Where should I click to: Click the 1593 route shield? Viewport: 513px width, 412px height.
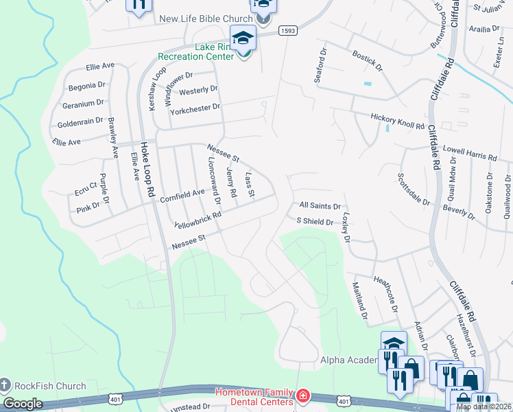(x=287, y=31)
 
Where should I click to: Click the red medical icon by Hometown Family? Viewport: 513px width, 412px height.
(x=302, y=397)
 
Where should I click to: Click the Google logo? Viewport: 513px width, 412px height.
(x=23, y=403)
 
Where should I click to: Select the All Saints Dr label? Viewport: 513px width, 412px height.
(x=320, y=205)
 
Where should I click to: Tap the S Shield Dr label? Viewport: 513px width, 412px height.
(x=314, y=221)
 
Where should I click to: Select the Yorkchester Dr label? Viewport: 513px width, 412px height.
(x=195, y=108)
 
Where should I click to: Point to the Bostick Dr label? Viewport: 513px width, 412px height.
(x=367, y=60)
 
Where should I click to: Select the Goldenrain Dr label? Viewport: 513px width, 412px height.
(x=80, y=124)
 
